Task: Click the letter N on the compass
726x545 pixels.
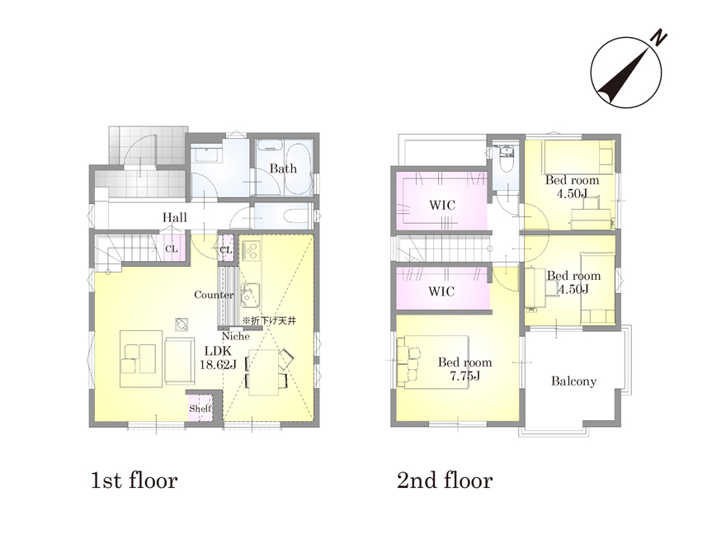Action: (659, 38)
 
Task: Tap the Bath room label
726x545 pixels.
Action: (283, 168)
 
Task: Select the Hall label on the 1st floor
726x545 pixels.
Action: (175, 217)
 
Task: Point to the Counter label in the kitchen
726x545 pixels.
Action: (214, 295)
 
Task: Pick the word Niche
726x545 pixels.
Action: (236, 336)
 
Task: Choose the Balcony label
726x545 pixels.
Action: (573, 381)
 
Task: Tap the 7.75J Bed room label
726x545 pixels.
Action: (464, 369)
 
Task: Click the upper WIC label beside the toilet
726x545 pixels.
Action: (442, 205)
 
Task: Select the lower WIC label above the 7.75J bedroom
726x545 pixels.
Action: (441, 291)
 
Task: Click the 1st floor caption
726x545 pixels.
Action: (134, 481)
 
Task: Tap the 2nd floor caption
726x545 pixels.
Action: (445, 481)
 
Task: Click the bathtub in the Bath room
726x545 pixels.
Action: (297, 170)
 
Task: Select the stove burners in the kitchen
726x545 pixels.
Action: (252, 250)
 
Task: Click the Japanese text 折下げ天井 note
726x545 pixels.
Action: (270, 320)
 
